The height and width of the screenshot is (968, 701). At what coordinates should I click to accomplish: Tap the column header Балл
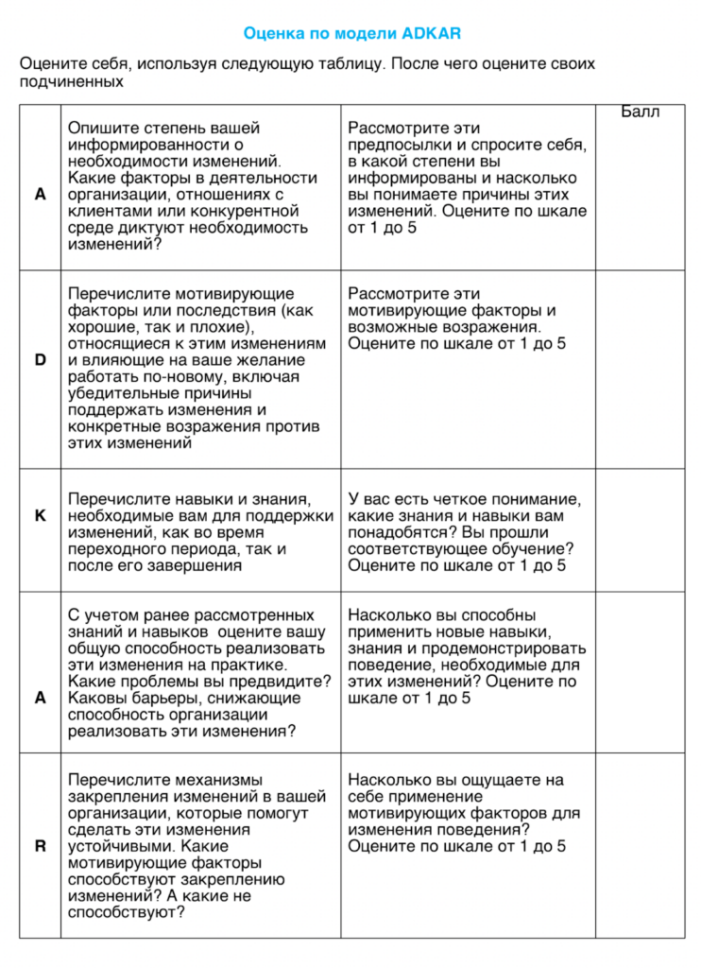point(641,112)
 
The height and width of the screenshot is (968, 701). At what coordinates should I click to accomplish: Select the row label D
point(40,360)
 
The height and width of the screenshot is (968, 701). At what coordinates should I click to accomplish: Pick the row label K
point(40,515)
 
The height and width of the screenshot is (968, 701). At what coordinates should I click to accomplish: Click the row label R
point(40,846)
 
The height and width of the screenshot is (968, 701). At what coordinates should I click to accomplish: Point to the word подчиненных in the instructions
point(72,81)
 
